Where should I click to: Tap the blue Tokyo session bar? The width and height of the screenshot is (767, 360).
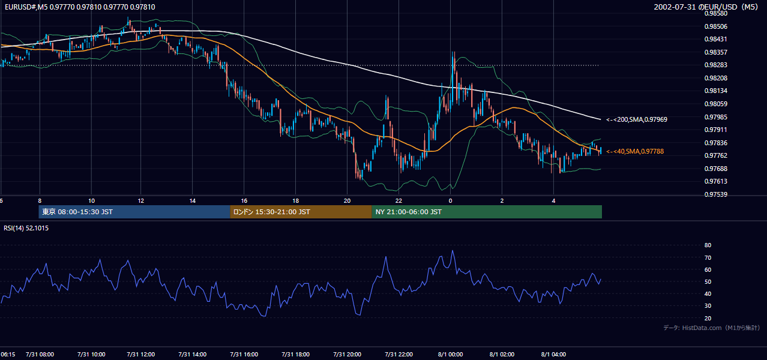coord(134,212)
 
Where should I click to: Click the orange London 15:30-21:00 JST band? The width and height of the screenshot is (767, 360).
coord(301,212)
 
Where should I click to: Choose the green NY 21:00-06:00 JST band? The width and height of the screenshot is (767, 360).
coord(487,212)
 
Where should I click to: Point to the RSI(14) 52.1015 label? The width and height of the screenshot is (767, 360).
coord(26,228)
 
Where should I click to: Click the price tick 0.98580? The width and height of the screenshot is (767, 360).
coord(715,14)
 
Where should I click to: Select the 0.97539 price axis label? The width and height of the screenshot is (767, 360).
coord(715,194)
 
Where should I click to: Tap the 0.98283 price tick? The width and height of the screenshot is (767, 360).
coord(715,65)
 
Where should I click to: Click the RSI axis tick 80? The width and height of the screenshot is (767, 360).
coord(708,245)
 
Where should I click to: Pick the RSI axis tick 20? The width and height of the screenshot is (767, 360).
coord(708,318)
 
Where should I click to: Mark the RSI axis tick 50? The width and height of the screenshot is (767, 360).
coord(708,281)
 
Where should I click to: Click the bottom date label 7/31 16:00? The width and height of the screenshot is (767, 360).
coord(244,355)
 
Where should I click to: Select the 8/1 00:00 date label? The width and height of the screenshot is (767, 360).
coord(450,355)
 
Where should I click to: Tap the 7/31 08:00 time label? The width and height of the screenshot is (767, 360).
coord(40,355)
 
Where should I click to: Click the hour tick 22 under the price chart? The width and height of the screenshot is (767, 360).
coord(399,201)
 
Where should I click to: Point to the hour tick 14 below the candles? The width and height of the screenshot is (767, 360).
coord(193,201)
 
